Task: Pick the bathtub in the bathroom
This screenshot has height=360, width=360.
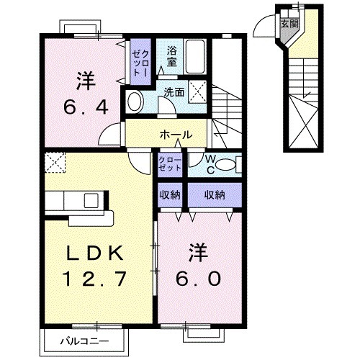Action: point(194,56)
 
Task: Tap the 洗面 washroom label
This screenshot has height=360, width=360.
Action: point(173,92)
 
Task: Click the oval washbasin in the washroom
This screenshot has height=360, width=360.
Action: point(134,102)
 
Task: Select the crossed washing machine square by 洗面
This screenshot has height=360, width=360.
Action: point(201,92)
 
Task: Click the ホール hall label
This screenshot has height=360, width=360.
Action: point(176,135)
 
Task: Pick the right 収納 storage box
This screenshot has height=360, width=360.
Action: point(214,194)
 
